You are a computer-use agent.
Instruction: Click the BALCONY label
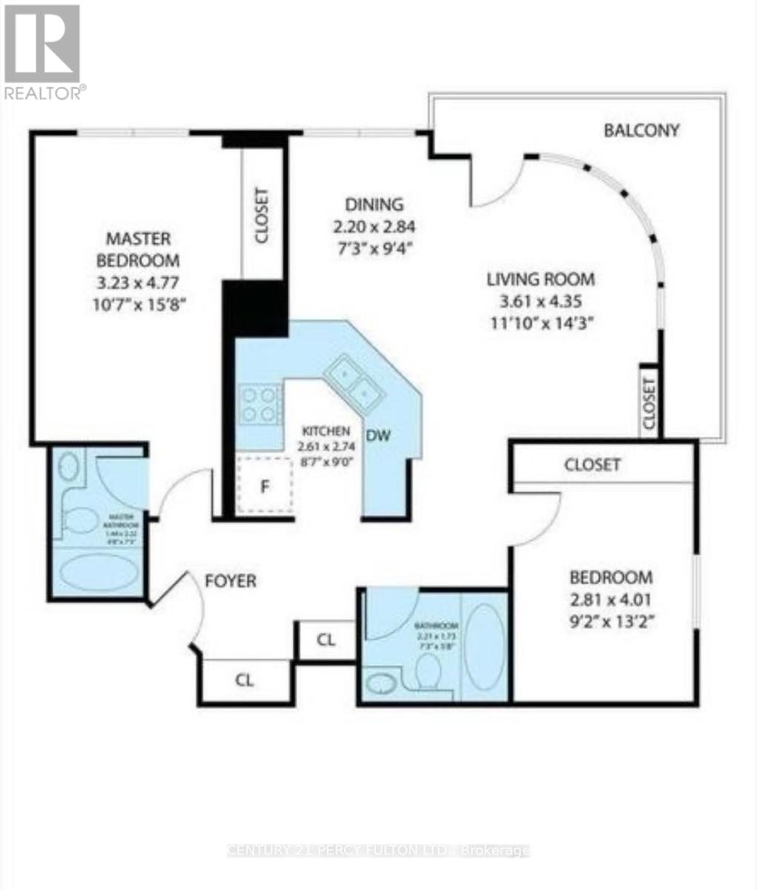click(x=641, y=131)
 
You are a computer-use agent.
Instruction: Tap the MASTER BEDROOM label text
click(x=142, y=250)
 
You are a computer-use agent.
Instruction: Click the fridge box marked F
click(x=263, y=486)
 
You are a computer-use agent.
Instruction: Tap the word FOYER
click(x=231, y=581)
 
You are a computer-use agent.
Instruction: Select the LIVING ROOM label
click(x=541, y=280)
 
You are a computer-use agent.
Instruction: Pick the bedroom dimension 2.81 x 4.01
click(x=610, y=599)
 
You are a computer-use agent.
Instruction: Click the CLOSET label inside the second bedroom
click(x=592, y=465)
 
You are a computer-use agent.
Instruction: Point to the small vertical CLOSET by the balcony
click(x=650, y=403)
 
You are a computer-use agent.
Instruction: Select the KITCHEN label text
click(x=326, y=431)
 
